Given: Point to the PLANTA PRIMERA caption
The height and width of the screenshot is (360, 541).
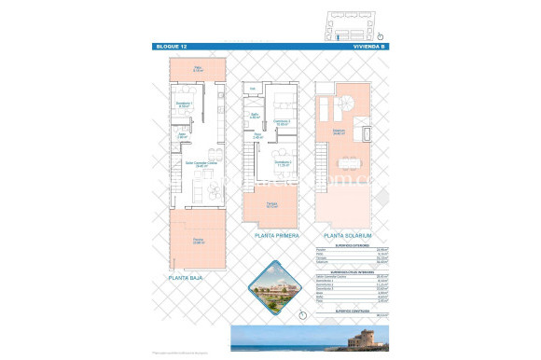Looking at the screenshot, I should pyautogui.click(x=275, y=236).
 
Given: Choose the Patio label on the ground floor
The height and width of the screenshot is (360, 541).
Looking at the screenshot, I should pyautogui.click(x=198, y=66).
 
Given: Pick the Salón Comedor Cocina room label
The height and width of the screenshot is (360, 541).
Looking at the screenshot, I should pyautogui.click(x=198, y=164).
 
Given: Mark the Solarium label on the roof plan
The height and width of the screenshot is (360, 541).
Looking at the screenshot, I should pyautogui.click(x=340, y=132).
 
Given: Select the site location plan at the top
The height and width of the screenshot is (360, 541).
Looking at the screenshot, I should pyautogui.click(x=349, y=23).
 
